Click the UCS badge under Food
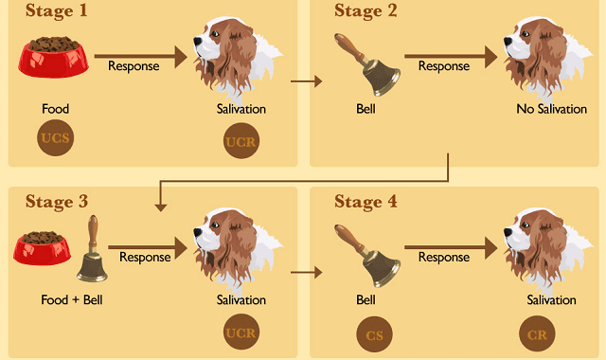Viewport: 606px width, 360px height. pyautogui.click(x=56, y=138)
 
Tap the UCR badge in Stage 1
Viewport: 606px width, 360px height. pyautogui.click(x=241, y=142)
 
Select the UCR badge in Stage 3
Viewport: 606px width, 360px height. pyautogui.click(x=241, y=333)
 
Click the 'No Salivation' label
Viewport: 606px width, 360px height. pyautogui.click(x=551, y=109)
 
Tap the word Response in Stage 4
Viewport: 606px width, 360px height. pyautogui.click(x=443, y=256)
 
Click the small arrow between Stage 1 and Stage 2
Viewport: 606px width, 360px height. pyautogui.click(x=306, y=81)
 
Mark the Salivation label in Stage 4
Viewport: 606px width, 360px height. pyautogui.click(x=551, y=300)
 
